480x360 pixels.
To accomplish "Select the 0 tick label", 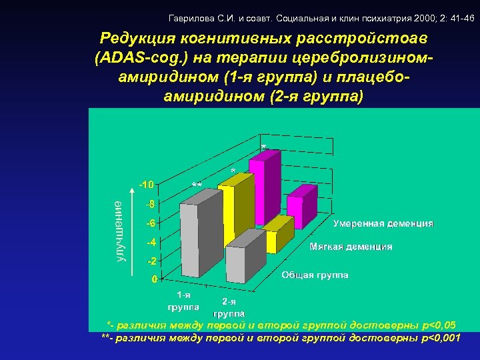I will click(154, 279).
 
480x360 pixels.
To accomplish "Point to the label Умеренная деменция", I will click(383, 224).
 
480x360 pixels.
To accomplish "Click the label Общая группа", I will click(315, 275).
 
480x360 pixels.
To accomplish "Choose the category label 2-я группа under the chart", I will click(228, 307).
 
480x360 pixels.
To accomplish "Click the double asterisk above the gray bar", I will click(197, 185).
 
